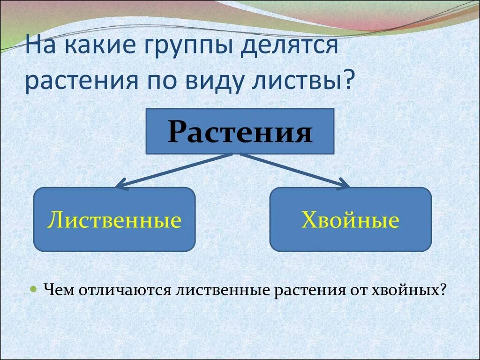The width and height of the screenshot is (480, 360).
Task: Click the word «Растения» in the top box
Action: (x=240, y=132)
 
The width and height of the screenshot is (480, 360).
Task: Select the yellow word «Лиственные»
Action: (x=114, y=219)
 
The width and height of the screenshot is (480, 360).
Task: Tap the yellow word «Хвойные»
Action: (x=350, y=219)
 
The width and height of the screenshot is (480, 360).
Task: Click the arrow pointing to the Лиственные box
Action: (x=174, y=170)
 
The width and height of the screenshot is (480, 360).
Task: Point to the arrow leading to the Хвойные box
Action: (x=295, y=170)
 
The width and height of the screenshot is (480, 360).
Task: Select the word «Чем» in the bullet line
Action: (x=59, y=289)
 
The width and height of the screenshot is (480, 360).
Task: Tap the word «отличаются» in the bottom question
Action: (x=124, y=290)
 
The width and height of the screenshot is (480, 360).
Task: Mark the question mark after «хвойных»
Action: (x=442, y=289)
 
